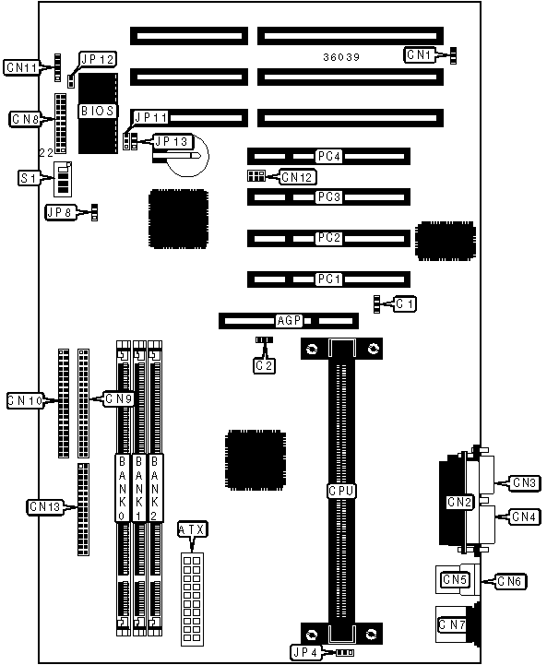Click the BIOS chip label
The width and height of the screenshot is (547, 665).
(x=98, y=111)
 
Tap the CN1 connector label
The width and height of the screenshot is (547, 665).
(x=419, y=54)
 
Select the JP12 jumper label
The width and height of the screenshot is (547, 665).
(x=98, y=59)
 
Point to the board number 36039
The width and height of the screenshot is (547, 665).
(x=341, y=57)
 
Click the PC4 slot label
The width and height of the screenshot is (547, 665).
(x=329, y=157)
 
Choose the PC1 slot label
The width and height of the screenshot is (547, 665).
(x=329, y=279)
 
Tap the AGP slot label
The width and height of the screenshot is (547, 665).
(x=290, y=321)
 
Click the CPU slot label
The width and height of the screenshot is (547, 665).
(x=341, y=491)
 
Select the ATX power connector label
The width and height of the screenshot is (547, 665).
(x=192, y=529)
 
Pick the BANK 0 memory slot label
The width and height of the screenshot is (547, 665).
(x=122, y=488)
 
